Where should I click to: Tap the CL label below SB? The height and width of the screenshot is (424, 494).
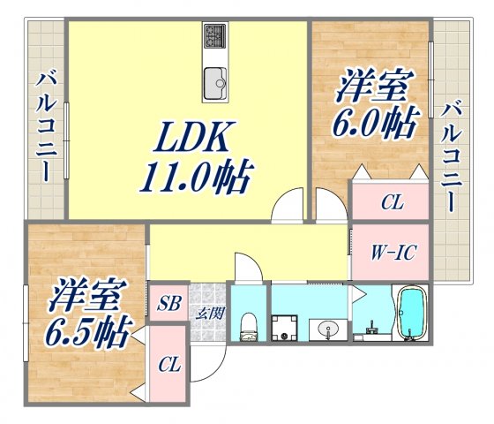pos(168,365)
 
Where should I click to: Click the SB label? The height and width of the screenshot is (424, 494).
pos(168,306)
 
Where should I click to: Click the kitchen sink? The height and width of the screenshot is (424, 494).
pos(215,85)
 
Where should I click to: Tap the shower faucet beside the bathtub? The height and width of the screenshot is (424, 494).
pos(370,332)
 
